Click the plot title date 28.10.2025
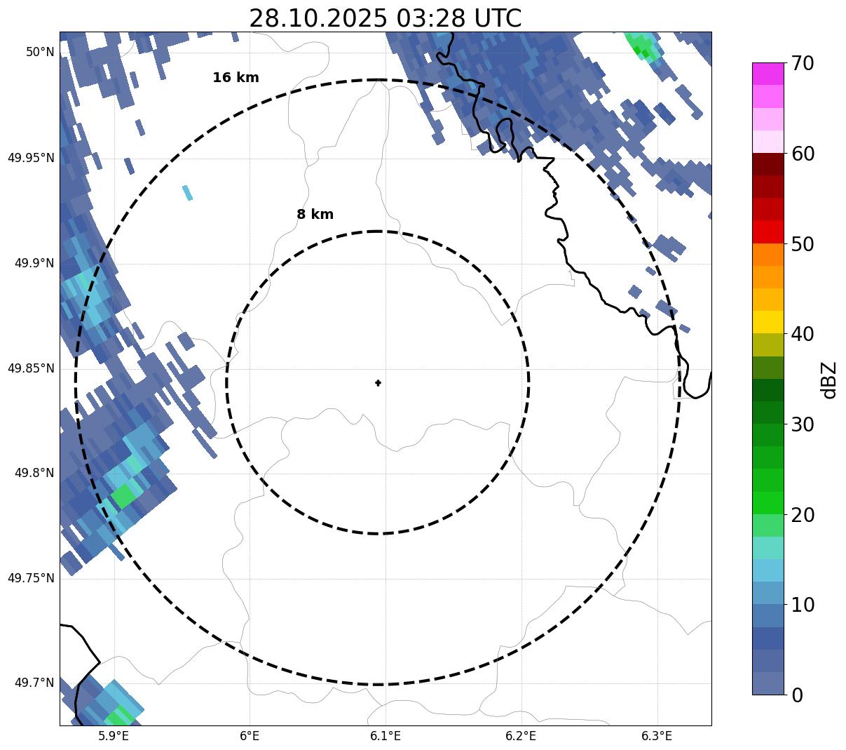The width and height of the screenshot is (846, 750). pos(318,18)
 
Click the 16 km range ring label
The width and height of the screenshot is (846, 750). pos(236,78)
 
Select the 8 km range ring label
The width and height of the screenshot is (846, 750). pos(315,215)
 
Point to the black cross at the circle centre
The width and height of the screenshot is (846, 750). pos(378,383)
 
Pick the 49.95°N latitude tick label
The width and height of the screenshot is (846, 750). pos(31,158)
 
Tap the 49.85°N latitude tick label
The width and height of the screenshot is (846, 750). pos(31,368)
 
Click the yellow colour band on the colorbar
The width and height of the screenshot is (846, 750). pos(767,322)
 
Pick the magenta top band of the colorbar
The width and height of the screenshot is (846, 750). pos(767,74)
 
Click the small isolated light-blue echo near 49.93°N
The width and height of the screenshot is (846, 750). pos(187,192)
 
